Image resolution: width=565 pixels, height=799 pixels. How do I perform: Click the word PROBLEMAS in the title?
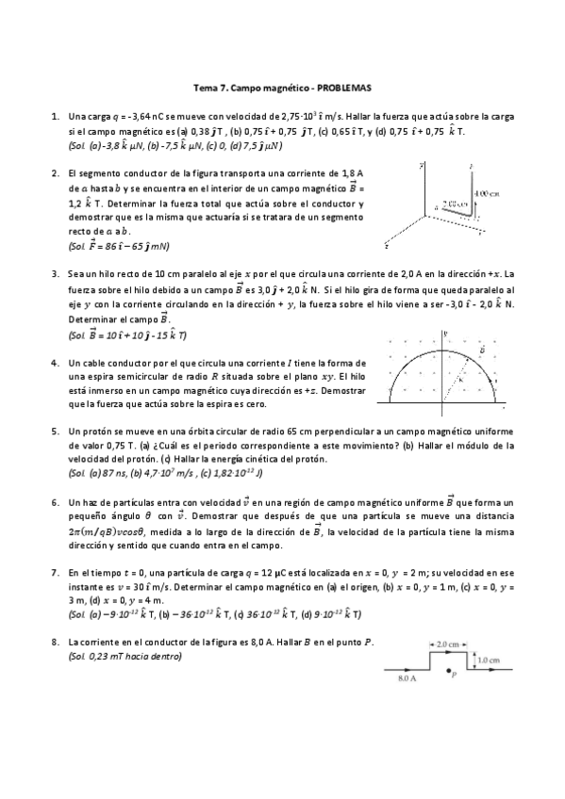[343, 89]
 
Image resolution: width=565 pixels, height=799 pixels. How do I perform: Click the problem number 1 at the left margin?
[53, 117]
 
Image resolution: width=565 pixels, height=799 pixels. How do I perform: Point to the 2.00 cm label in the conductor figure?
[454, 202]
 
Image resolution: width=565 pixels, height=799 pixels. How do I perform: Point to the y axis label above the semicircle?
[443, 334]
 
